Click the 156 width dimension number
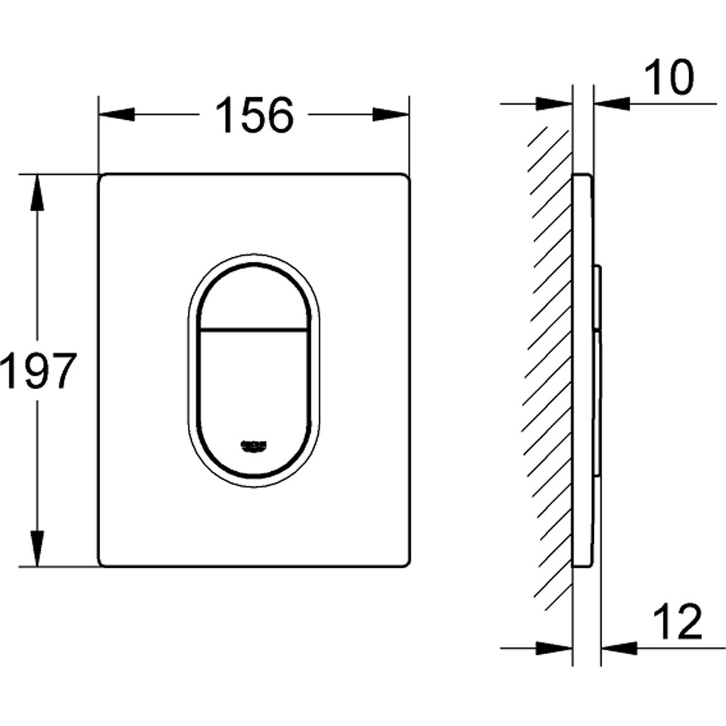(x=254, y=115)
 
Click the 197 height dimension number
(x=38, y=370)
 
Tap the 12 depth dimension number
(x=677, y=621)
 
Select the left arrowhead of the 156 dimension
(x=116, y=115)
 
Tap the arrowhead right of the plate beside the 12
(x=619, y=644)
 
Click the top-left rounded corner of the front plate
(x=103, y=179)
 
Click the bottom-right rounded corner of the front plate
(x=404, y=561)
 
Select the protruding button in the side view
(x=597, y=298)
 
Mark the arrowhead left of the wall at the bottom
(x=555, y=644)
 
